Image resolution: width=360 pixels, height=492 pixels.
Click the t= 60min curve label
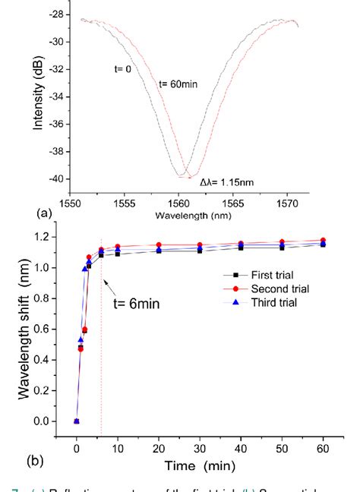[x=177, y=84]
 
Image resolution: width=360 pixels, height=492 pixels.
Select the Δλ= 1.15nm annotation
[x=226, y=183]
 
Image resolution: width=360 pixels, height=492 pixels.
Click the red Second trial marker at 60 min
[x=324, y=240]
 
